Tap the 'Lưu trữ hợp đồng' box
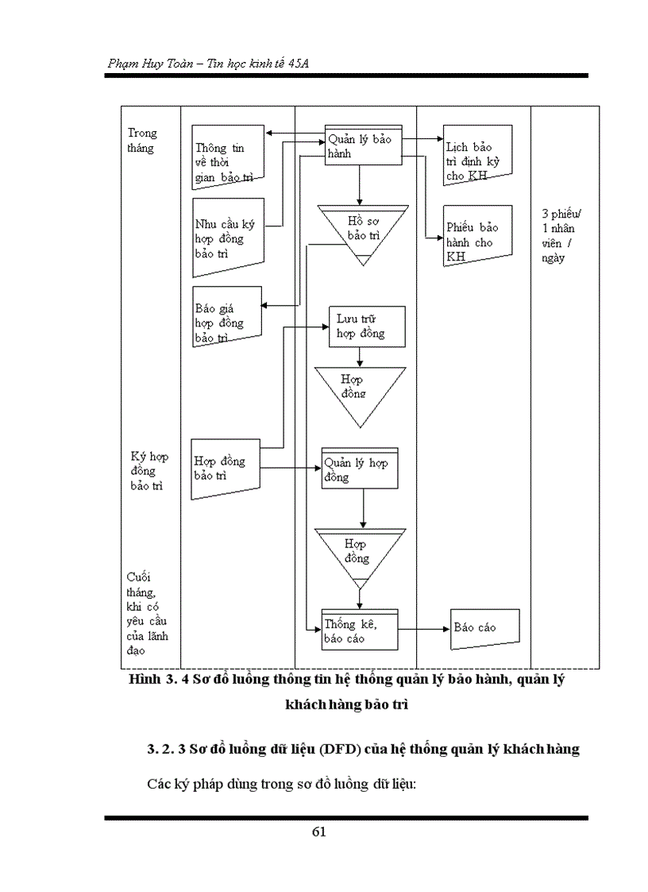367,326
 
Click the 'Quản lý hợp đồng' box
359,469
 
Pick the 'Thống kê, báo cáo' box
359,631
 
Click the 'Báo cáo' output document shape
484,628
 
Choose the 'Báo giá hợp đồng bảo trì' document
226,316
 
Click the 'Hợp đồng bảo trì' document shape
226,469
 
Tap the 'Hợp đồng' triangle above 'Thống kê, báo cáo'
359,553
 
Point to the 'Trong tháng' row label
143,141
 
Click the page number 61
319,832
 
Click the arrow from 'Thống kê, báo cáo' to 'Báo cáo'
422,629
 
